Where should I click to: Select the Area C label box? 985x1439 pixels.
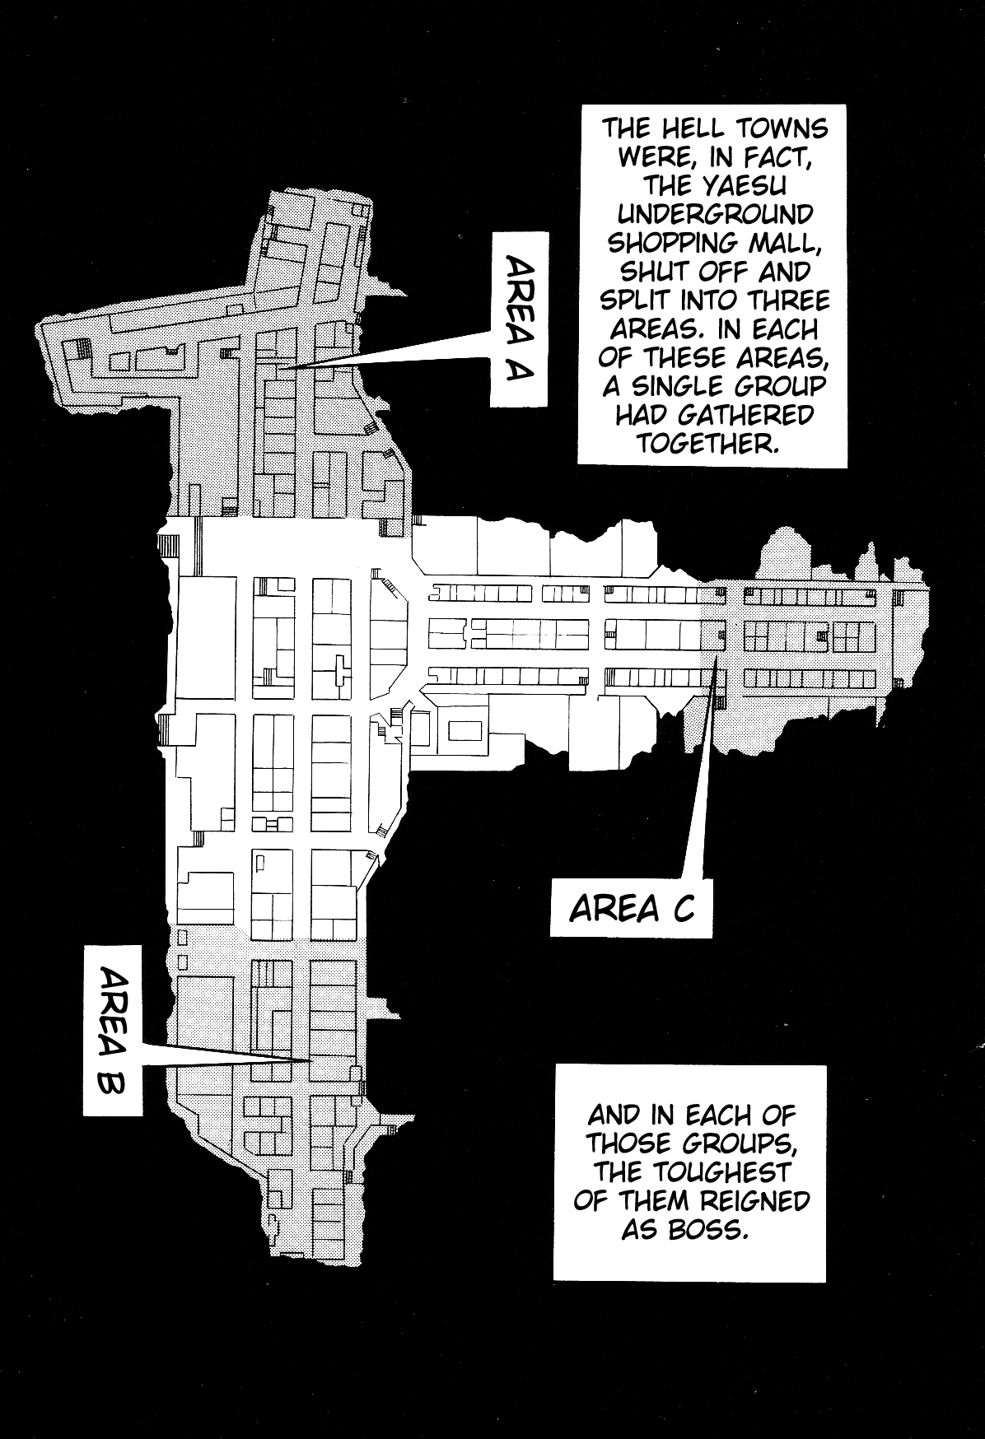pyautogui.click(x=632, y=909)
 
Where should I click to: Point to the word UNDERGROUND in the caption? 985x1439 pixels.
pyautogui.click(x=715, y=215)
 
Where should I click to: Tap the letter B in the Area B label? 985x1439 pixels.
pyautogui.click(x=112, y=1083)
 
